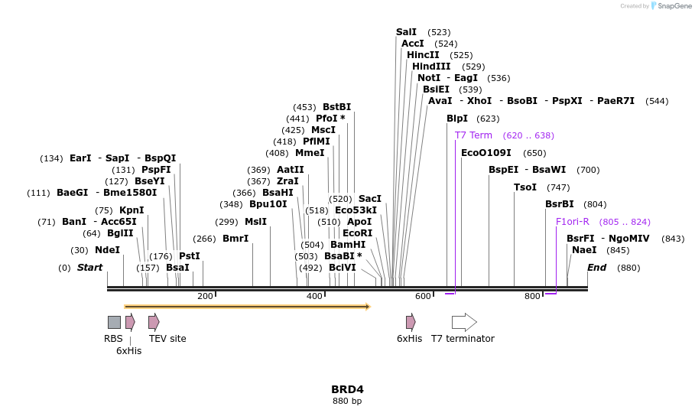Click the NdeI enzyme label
tap(107, 250)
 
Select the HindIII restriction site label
tap(431, 67)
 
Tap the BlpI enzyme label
tap(457, 119)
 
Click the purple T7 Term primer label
tap(473, 135)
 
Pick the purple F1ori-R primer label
tap(573, 222)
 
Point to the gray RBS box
tap(114, 322)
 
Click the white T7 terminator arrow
tap(464, 322)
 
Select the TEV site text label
tap(167, 339)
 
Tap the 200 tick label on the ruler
tap(205, 297)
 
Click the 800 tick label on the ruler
tap(532, 297)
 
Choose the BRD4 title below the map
tap(347, 389)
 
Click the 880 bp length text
tap(347, 401)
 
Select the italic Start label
tap(89, 268)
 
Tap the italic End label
tap(597, 268)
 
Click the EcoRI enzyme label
tap(357, 233)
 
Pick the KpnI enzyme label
tap(132, 210)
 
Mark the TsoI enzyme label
tap(525, 187)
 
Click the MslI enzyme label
tap(255, 222)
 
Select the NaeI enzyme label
tap(584, 250)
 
